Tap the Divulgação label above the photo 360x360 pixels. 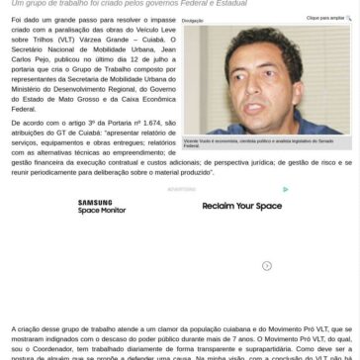[x=193, y=20]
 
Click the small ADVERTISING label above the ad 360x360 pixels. [x=181, y=189]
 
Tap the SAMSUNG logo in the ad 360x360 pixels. [x=96, y=203]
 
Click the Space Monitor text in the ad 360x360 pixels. [x=102, y=211]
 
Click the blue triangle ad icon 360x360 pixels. [x=286, y=190]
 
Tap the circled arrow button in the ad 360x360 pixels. [x=267, y=265]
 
